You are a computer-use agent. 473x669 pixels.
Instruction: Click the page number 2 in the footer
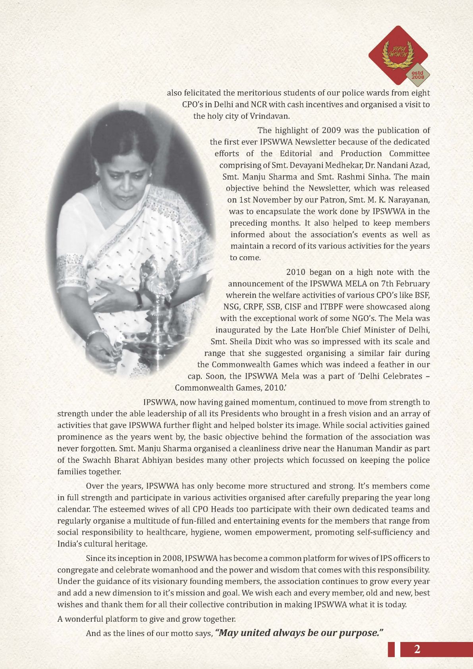point(417,650)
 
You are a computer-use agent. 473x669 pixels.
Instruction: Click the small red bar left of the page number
point(391,650)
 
